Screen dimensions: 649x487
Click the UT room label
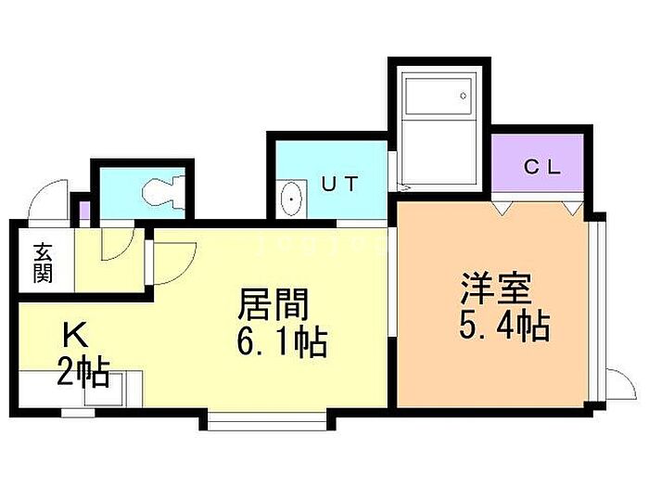(340, 184)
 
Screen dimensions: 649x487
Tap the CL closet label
(542, 167)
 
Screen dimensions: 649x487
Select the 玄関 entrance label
(43, 263)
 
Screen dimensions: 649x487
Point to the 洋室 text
(497, 288)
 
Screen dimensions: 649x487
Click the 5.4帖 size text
(504, 326)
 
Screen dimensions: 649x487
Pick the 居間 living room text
(274, 304)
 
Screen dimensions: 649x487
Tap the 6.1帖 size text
(282, 341)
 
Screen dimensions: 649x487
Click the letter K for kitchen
(75, 336)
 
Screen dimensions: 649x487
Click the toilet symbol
(163, 191)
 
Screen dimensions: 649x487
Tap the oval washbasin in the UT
(292, 199)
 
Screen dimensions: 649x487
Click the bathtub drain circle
(464, 96)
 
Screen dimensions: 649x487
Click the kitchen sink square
(104, 390)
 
